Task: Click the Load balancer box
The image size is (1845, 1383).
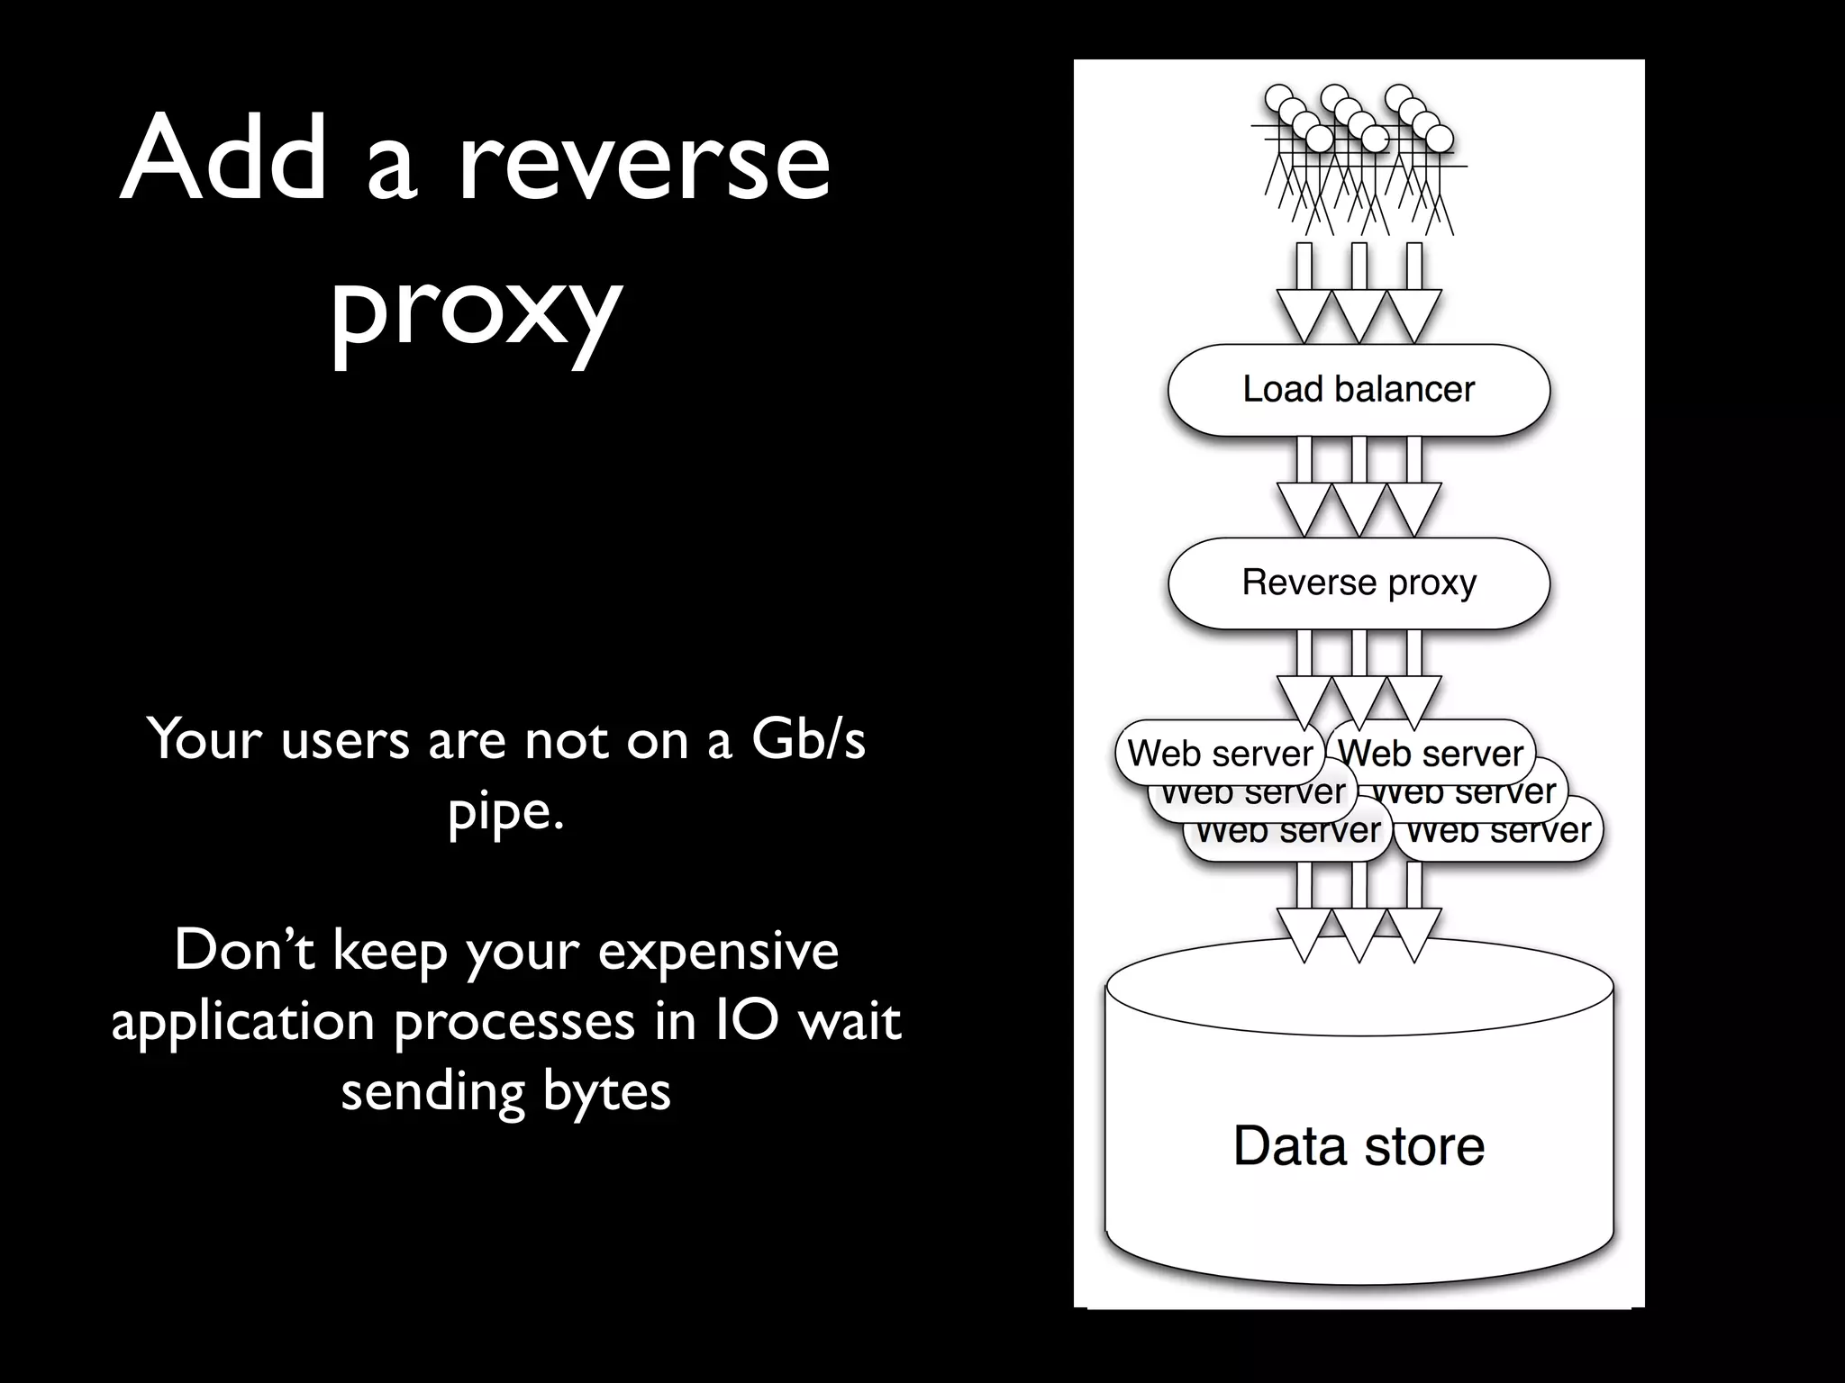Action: point(1359,390)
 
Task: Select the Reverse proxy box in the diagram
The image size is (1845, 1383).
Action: point(1359,583)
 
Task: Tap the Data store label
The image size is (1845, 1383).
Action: point(1359,1146)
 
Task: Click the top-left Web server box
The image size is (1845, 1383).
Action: point(1219,753)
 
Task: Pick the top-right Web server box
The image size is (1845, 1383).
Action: point(1431,753)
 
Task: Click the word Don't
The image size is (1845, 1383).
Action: point(244,950)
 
